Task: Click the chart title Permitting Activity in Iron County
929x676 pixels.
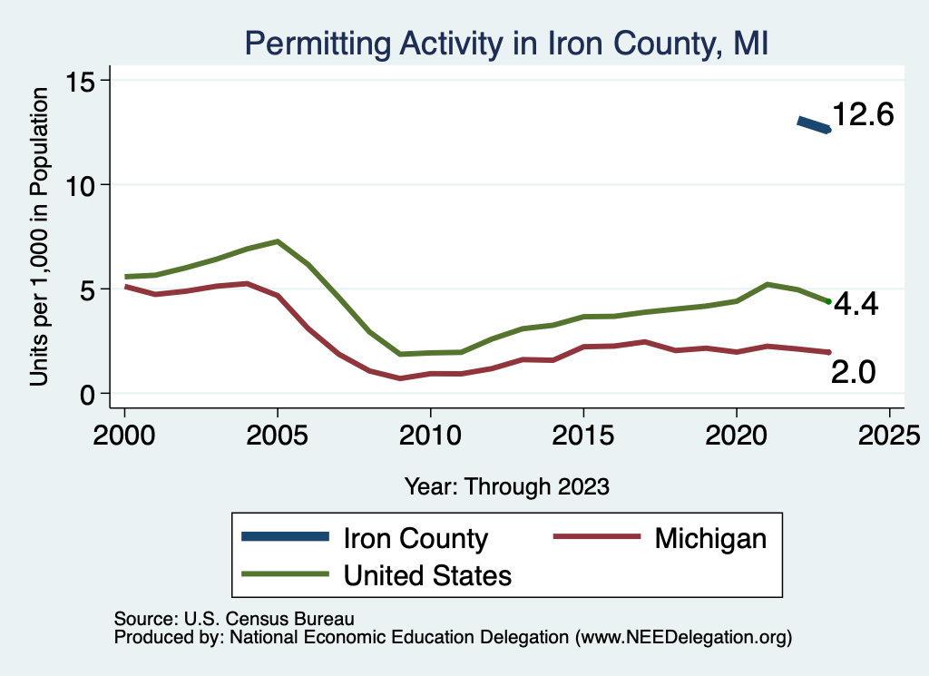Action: click(506, 44)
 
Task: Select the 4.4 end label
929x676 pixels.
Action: click(855, 305)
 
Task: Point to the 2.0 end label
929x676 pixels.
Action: click(853, 371)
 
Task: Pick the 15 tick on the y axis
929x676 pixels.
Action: click(83, 81)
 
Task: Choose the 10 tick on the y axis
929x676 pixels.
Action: click(83, 185)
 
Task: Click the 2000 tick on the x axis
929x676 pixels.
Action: click(124, 430)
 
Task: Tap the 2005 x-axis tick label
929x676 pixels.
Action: click(277, 430)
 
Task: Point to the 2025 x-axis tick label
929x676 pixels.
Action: click(889, 430)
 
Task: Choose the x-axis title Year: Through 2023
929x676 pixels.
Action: click(506, 486)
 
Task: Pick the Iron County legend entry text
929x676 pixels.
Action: click(416, 538)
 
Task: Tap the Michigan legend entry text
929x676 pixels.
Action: click(710, 538)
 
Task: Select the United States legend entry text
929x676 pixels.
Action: click(427, 575)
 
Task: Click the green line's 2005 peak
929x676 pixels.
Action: click(277, 241)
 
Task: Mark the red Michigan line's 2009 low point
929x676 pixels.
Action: click(400, 377)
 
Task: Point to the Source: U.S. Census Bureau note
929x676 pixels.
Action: click(233, 619)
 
